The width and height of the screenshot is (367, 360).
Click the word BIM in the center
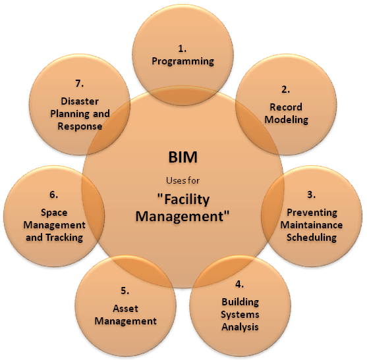[183, 157]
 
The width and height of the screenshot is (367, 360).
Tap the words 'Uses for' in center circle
[183, 180]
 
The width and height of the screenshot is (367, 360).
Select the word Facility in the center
[184, 200]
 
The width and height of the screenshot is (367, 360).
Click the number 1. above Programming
[183, 49]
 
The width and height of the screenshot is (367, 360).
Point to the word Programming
[183, 61]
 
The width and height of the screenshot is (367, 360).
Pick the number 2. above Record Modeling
[285, 90]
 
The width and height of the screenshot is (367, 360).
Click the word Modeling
[286, 120]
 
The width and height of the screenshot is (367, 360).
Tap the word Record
[286, 107]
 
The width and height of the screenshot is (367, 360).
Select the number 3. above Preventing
[311, 195]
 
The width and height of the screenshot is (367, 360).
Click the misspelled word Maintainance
[312, 225]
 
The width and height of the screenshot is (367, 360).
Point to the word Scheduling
[312, 238]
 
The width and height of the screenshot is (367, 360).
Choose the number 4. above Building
[239, 284]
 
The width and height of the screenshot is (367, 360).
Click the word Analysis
[240, 327]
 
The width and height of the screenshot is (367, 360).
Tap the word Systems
[240, 315]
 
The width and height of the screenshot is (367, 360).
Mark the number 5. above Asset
[125, 291]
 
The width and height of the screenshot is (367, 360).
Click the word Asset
[125, 309]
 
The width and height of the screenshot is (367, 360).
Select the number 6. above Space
[54, 195]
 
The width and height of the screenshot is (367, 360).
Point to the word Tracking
[65, 238]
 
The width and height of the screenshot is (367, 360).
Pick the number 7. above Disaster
[80, 84]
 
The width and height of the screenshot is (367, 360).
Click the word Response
[80, 127]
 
